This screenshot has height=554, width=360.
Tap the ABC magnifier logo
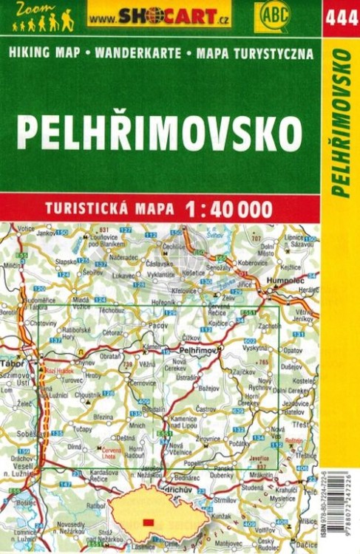click(x=272, y=15)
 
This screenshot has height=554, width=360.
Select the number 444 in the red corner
click(x=341, y=17)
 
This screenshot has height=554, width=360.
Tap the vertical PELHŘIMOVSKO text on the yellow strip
click(x=342, y=122)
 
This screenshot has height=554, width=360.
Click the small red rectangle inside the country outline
click(x=149, y=522)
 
